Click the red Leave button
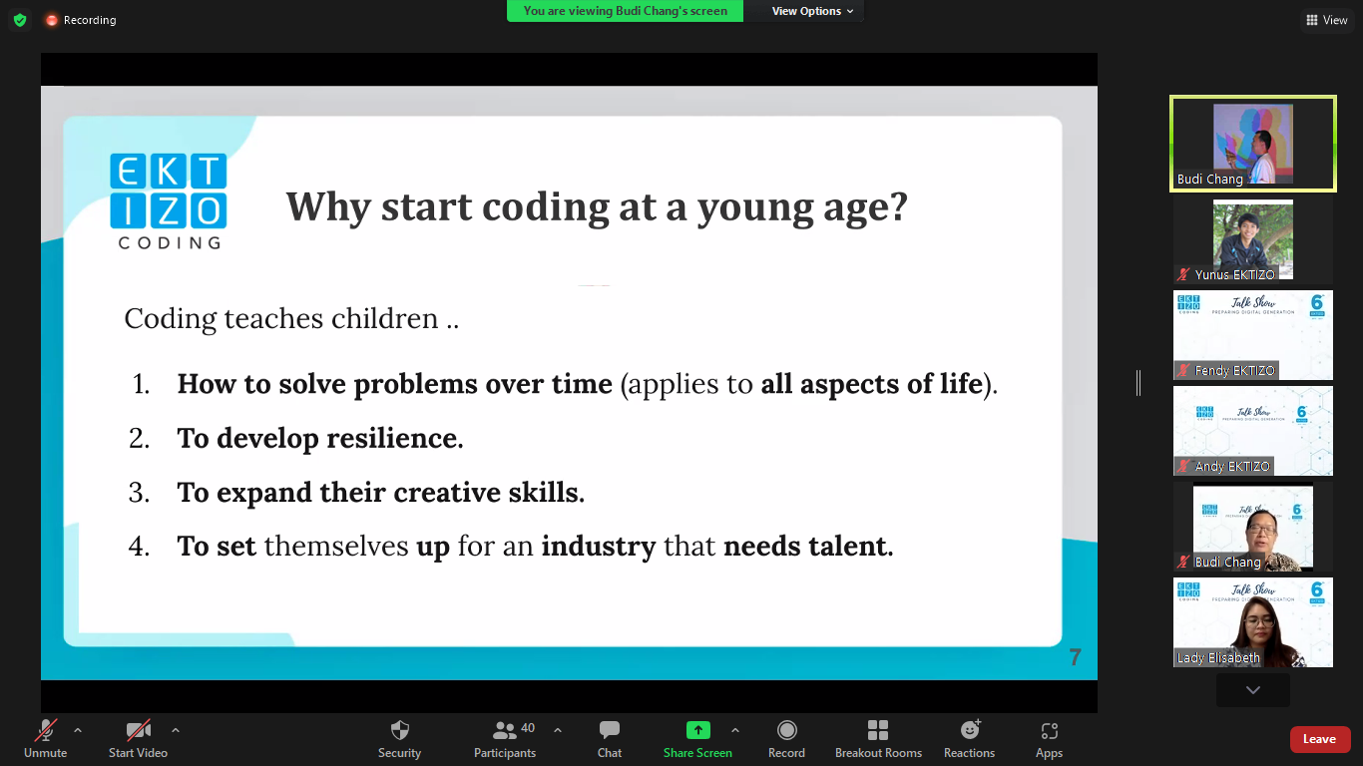click(x=1319, y=739)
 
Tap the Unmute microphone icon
click(x=46, y=730)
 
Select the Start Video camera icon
click(x=138, y=730)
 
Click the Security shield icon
click(x=399, y=730)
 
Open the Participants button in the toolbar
click(x=505, y=730)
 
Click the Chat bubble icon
click(x=610, y=730)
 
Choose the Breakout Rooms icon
click(x=878, y=730)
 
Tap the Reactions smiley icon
click(x=970, y=730)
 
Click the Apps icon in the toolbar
click(x=1049, y=730)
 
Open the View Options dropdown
click(x=812, y=11)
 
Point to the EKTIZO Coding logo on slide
click(x=169, y=199)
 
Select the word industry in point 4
click(x=599, y=547)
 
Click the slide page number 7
click(x=1075, y=657)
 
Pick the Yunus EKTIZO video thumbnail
click(x=1252, y=239)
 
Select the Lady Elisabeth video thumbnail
click(x=1252, y=622)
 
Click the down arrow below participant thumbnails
click(x=1252, y=690)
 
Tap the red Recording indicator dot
click(x=52, y=20)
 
